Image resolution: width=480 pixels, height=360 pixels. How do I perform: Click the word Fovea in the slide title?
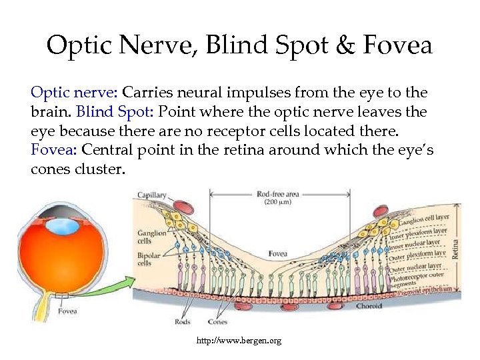[399, 46]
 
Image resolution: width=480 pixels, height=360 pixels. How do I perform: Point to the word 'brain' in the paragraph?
[50, 111]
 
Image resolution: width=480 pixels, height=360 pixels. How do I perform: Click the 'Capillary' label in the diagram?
[151, 195]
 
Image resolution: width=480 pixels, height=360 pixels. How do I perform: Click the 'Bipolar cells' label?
[147, 259]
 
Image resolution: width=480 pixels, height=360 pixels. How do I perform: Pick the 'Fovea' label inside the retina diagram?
[278, 253]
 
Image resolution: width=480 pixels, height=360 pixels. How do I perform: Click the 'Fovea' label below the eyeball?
[67, 311]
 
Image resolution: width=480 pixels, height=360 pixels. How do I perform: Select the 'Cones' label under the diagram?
[217, 322]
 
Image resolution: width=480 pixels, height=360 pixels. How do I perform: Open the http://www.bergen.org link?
[239, 341]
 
